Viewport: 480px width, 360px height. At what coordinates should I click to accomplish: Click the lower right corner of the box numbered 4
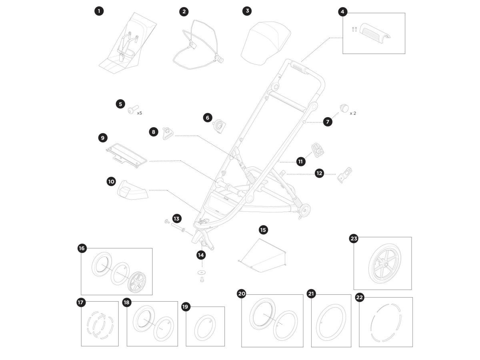tap(405, 54)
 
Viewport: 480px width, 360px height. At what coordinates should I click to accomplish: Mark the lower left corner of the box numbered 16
tap(81, 295)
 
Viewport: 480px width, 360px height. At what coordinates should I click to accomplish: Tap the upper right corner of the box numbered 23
tap(412, 237)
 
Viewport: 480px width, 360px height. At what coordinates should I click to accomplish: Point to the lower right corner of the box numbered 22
tap(413, 347)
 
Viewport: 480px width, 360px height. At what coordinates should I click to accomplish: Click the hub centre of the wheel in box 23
tap(385, 265)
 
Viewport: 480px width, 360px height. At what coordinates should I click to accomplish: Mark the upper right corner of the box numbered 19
tap(224, 306)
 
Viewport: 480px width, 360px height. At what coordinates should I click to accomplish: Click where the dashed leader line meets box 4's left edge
tap(343, 38)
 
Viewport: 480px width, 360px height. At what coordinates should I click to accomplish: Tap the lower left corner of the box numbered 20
tap(242, 347)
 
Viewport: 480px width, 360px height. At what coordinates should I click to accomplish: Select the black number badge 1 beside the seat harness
tap(99, 11)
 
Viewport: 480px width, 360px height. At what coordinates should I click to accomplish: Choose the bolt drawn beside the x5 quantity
tap(133, 110)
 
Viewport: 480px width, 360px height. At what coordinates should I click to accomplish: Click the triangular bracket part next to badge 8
tap(168, 133)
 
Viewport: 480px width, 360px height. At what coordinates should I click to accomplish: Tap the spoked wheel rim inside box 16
tap(137, 282)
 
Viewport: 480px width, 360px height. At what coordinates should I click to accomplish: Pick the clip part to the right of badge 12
tap(344, 175)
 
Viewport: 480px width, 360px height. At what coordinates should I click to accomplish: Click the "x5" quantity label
tap(140, 113)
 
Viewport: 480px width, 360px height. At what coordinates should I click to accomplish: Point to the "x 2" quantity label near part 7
tap(353, 113)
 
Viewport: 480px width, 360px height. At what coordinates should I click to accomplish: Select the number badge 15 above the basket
tap(263, 230)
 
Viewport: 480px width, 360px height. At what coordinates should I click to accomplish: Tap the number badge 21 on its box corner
tap(311, 294)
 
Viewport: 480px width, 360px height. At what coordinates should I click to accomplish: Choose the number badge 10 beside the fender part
tap(111, 182)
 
